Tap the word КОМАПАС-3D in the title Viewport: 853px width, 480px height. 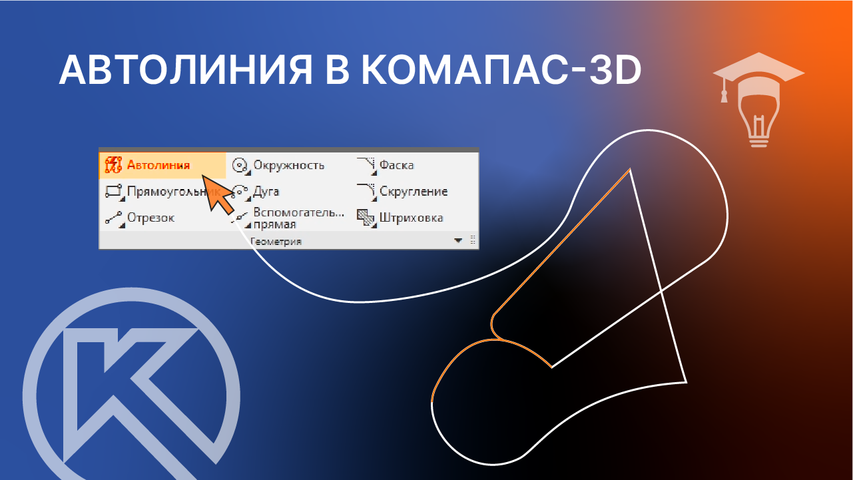pyautogui.click(x=500, y=69)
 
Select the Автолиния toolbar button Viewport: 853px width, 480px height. pyautogui.click(x=158, y=165)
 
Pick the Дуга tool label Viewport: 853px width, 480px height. pyautogui.click(x=266, y=192)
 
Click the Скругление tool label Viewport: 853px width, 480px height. pyautogui.click(x=413, y=192)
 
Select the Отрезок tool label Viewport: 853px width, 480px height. pyautogui.click(x=150, y=218)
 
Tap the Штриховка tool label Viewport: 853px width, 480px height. pyautogui.click(x=411, y=218)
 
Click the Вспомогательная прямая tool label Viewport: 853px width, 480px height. pyautogui.click(x=299, y=218)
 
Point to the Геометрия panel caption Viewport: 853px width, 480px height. pyautogui.click(x=276, y=241)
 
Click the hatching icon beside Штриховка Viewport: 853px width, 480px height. pyautogui.click(x=365, y=218)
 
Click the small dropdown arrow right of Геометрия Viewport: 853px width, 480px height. pyautogui.click(x=458, y=241)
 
